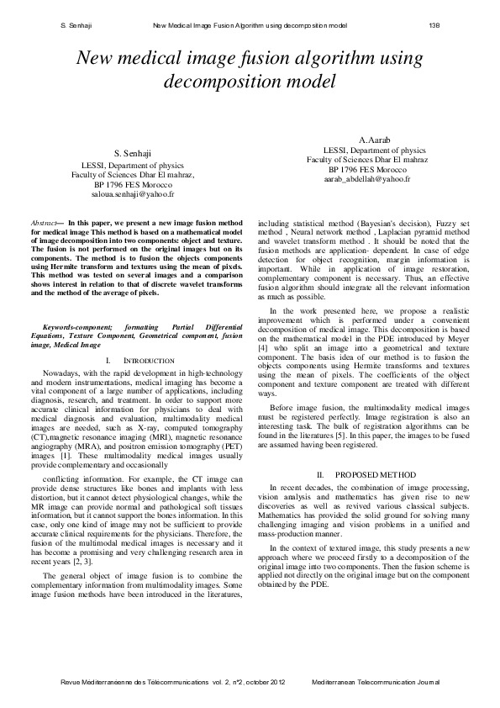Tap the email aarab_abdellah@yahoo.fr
pyautogui.click(x=367, y=179)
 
